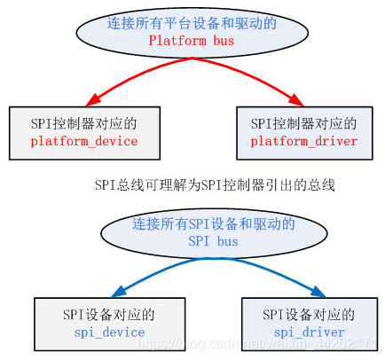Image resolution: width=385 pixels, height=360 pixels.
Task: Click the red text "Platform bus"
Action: tap(192, 41)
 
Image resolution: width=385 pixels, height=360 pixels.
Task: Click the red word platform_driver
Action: tap(304, 142)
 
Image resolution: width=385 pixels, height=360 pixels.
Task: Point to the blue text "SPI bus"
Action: tap(214, 240)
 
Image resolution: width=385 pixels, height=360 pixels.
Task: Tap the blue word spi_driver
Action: tap(310, 333)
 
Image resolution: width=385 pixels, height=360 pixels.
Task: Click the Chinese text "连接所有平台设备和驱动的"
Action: tap(192, 24)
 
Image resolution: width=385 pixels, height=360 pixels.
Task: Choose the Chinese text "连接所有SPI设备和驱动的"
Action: tap(214, 223)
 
